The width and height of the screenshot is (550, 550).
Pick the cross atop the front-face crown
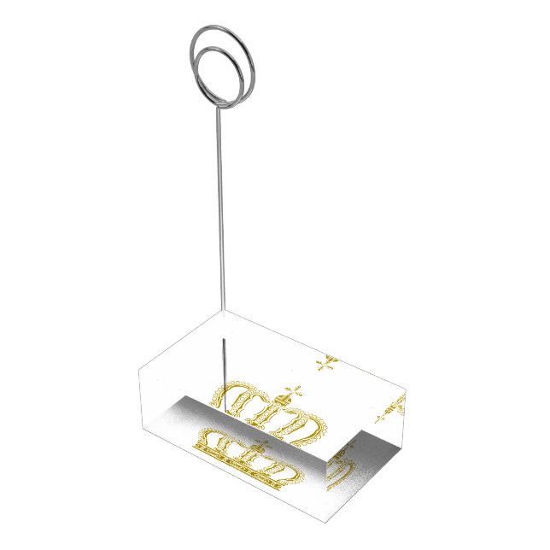(259, 448)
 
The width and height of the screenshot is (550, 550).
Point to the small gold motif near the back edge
(325, 366)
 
